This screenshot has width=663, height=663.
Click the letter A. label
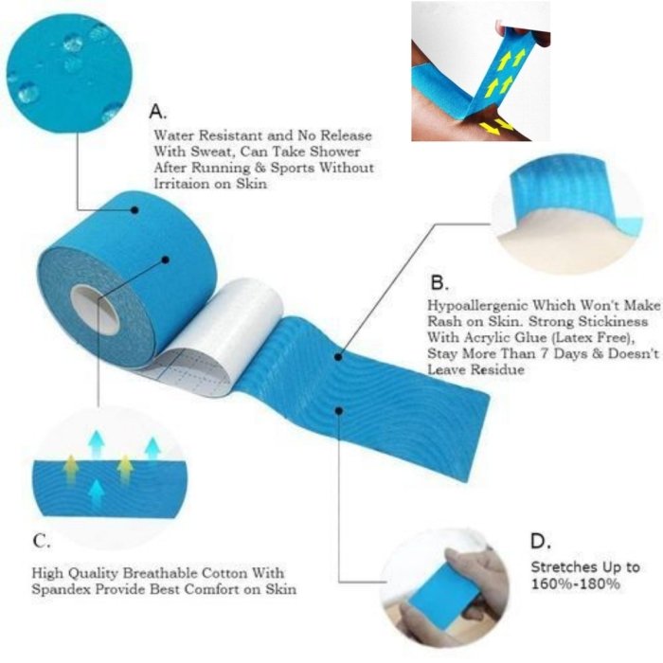click(158, 112)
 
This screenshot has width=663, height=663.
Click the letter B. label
click(439, 282)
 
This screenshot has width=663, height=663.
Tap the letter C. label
click(42, 541)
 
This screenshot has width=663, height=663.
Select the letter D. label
click(541, 541)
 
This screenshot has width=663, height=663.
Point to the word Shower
click(335, 152)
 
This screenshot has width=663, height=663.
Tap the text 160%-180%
click(576, 584)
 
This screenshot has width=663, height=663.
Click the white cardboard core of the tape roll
click(95, 309)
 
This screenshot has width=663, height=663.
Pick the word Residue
click(497, 370)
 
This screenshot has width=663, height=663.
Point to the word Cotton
click(224, 573)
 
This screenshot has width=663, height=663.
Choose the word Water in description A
click(174, 135)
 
